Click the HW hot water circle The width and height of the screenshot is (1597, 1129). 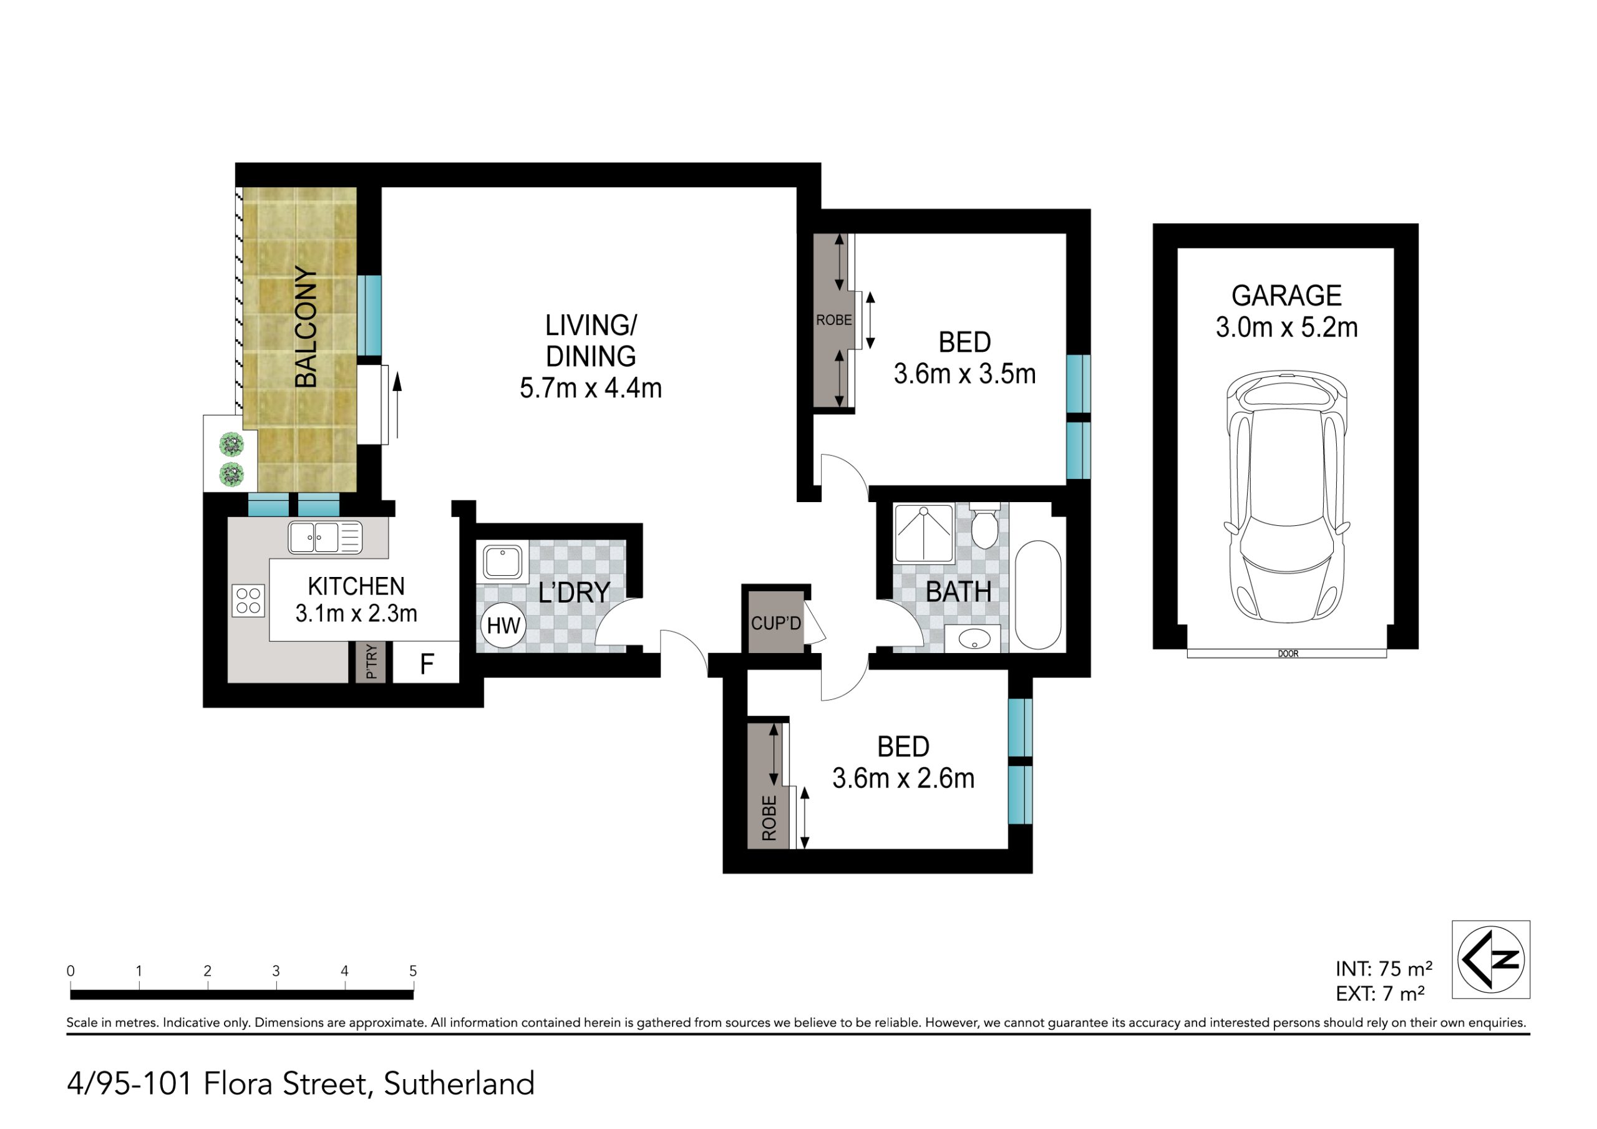(503, 626)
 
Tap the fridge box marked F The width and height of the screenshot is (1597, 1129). (426, 663)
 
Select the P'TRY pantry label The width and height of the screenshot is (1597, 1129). (371, 662)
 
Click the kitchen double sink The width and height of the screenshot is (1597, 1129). (325, 538)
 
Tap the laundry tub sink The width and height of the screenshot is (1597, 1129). (503, 562)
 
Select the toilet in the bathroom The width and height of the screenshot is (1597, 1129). (984, 526)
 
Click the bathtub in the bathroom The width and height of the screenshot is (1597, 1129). (1038, 595)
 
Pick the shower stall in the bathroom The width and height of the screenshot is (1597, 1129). (924, 533)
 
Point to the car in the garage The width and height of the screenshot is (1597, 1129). (1287, 497)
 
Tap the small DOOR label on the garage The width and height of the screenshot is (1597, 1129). (1288, 654)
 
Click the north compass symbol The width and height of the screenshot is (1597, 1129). (1490, 959)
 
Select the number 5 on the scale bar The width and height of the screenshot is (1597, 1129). (413, 971)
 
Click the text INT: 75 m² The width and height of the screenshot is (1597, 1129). (1384, 968)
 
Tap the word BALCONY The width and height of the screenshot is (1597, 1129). (306, 326)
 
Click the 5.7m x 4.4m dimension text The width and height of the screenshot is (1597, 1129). (591, 388)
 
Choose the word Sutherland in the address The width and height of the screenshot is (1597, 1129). (459, 1084)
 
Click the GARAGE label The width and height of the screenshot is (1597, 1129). (1286, 296)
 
